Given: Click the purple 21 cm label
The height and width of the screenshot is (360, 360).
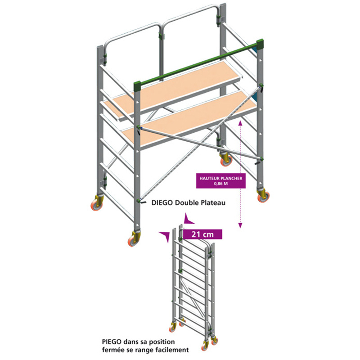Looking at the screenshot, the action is click(202, 234).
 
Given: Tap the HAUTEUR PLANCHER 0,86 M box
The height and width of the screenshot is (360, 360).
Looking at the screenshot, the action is click(221, 181).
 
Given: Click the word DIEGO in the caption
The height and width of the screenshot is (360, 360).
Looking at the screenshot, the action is click(162, 203).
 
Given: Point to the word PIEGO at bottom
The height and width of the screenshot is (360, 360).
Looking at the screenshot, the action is click(112, 342).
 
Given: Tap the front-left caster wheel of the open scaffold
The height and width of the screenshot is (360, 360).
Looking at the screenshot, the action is click(134, 239).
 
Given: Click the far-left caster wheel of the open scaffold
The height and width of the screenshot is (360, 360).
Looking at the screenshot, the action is click(97, 203).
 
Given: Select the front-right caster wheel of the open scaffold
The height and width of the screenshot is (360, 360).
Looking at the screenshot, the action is click(263, 195).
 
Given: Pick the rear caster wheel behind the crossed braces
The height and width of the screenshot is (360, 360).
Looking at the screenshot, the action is click(226, 159).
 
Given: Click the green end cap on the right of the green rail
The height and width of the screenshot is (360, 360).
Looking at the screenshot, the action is click(260, 45).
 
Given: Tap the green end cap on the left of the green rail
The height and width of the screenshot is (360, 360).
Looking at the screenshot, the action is click(137, 86).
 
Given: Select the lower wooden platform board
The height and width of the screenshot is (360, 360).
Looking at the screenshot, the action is click(189, 118).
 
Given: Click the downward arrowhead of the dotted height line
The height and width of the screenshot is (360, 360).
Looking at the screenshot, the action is click(240, 225).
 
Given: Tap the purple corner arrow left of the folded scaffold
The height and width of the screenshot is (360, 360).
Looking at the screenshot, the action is click(165, 237).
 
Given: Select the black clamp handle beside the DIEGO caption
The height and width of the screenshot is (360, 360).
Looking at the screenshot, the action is click(143, 202).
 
